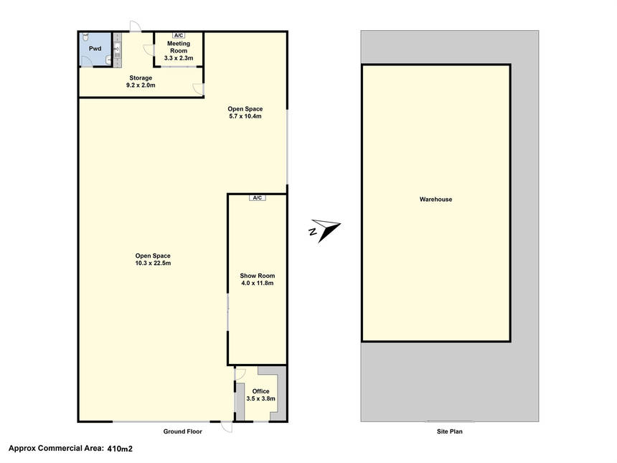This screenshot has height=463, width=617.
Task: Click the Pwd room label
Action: tap(95, 49)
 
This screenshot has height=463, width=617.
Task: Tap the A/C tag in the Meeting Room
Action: tap(179, 35)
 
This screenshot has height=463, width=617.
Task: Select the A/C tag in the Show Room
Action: tap(258, 197)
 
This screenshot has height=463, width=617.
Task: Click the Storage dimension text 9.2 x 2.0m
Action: tap(141, 85)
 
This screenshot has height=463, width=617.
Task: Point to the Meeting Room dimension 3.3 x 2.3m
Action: tap(179, 58)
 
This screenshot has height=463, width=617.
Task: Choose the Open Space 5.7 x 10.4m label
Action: tap(245, 113)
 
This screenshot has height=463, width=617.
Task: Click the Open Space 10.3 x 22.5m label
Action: tap(153, 259)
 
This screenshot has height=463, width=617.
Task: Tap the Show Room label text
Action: tap(258, 276)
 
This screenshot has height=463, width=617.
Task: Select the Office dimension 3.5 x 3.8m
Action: tap(261, 398)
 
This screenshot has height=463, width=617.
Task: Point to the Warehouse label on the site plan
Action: tap(435, 200)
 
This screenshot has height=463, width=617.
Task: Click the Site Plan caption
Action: tap(449, 431)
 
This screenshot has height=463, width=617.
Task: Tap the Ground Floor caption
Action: tap(182, 431)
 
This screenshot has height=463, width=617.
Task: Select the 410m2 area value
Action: tap(120, 448)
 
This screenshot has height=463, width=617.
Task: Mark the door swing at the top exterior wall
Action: tap(136, 26)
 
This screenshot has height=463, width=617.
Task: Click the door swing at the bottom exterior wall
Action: tap(226, 427)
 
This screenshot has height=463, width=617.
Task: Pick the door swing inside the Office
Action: tap(240, 374)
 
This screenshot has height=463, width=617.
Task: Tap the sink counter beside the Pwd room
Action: tap(117, 50)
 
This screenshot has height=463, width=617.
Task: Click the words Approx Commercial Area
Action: tap(56, 448)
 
